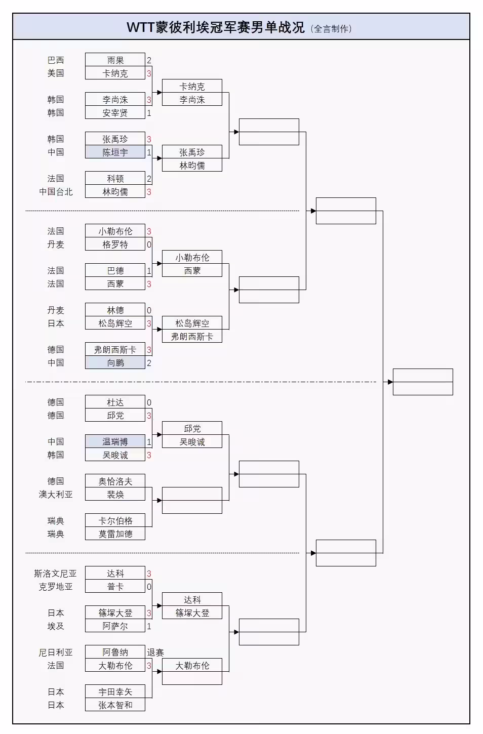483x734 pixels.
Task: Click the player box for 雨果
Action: (x=115, y=60)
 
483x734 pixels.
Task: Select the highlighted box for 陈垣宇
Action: (x=115, y=152)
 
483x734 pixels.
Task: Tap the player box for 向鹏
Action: (x=115, y=362)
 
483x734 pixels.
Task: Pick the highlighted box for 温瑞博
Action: (x=115, y=441)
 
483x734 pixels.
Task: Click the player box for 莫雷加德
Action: (x=115, y=534)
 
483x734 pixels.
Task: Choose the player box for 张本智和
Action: (x=115, y=705)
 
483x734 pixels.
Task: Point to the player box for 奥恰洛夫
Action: (x=115, y=481)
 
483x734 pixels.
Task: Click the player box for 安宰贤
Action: (x=115, y=112)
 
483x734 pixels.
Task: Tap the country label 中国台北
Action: (x=56, y=191)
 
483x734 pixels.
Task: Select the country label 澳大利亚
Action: (x=56, y=494)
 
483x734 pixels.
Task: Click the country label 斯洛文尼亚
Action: (x=55, y=573)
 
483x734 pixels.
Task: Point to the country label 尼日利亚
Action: (x=56, y=652)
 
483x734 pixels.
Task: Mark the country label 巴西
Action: (x=56, y=60)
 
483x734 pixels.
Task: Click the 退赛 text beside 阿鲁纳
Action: (x=155, y=652)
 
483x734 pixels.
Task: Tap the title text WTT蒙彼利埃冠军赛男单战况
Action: (x=216, y=27)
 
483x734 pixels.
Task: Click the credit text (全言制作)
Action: (x=331, y=29)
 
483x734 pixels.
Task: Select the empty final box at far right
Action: (x=423, y=382)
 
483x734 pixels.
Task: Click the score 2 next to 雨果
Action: (x=149, y=60)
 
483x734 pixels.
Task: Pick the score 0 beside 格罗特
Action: (x=149, y=244)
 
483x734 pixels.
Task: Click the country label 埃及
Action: (x=56, y=626)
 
